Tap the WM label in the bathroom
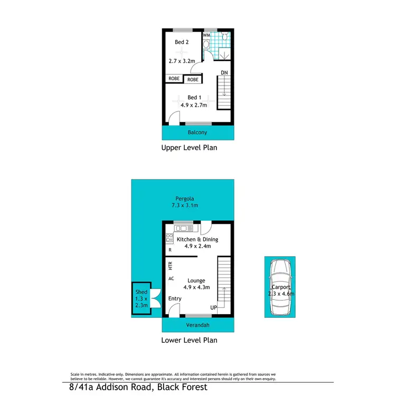coord(206,35)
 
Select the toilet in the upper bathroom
coord(225,36)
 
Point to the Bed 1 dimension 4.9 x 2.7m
coord(194,106)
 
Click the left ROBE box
coord(174,79)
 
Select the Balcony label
coord(197,132)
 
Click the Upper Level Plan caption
coord(189,148)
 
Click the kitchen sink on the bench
coord(185,228)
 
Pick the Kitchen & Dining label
coord(197,239)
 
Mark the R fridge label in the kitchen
coord(170,250)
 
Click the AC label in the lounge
coord(171,278)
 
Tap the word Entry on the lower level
coord(175,299)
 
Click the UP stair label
coord(214,307)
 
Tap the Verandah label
coord(197,325)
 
